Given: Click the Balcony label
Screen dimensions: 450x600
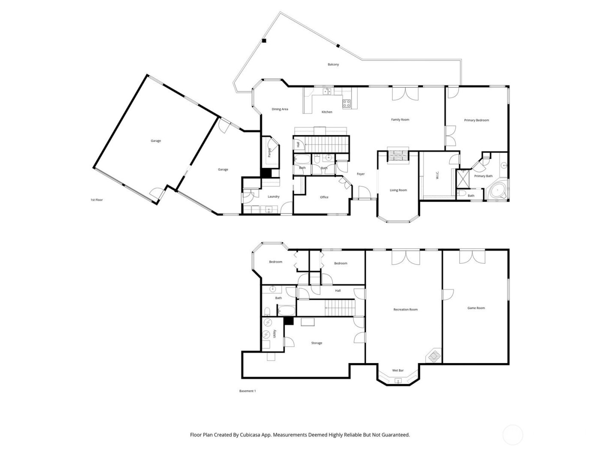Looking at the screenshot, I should pos(333,65).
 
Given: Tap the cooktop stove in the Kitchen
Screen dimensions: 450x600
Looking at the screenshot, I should pos(347,103).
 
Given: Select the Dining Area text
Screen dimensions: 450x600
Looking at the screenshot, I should pos(280,109).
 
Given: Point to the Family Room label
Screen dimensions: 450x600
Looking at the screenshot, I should pos(400,120).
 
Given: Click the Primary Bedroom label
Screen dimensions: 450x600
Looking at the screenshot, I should pos(476,120).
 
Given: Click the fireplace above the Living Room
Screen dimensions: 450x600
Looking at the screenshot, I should pos(398,155).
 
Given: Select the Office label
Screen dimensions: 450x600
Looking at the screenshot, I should pos(324,197).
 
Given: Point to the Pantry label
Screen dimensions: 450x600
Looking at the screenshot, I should pos(270,153).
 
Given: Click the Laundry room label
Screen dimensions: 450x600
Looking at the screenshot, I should pos(273,197).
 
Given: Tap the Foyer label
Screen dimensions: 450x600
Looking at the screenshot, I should pos(361,174).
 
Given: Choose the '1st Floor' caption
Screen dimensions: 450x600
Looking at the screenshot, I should pos(96,200).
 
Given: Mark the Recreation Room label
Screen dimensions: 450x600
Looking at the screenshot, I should pos(405,309).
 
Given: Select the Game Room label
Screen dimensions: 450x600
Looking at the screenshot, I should pos(476,308).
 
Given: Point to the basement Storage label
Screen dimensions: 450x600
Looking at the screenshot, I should pos(316,343).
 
